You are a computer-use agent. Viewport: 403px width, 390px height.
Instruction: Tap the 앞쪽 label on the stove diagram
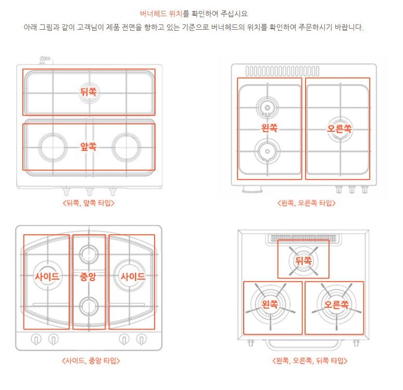click(x=89, y=147)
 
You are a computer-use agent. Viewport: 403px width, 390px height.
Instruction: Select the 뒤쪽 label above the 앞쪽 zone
click(x=89, y=92)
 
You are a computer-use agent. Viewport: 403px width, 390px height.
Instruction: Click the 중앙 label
click(x=89, y=276)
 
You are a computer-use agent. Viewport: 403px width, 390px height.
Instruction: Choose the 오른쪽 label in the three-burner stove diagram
click(x=336, y=304)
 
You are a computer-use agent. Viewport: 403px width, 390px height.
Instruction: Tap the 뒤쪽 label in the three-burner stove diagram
click(x=303, y=259)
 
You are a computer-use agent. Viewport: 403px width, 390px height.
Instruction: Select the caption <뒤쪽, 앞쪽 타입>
click(x=89, y=203)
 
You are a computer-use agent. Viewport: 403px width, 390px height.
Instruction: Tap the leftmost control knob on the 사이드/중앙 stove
click(x=36, y=339)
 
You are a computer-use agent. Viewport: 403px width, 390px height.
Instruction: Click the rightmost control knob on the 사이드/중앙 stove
click(x=141, y=339)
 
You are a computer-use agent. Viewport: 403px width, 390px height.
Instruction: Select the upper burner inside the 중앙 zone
click(x=89, y=254)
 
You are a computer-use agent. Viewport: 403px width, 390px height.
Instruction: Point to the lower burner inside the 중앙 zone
click(x=89, y=305)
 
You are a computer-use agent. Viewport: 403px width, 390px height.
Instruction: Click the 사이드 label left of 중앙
click(x=47, y=276)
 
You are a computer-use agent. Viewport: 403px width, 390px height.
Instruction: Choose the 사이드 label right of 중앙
click(x=133, y=276)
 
